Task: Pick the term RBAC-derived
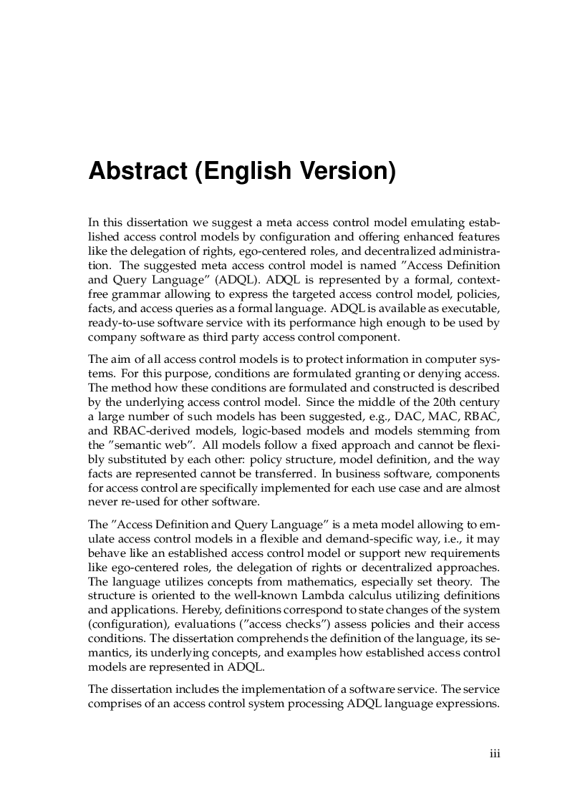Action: click(143, 429)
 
